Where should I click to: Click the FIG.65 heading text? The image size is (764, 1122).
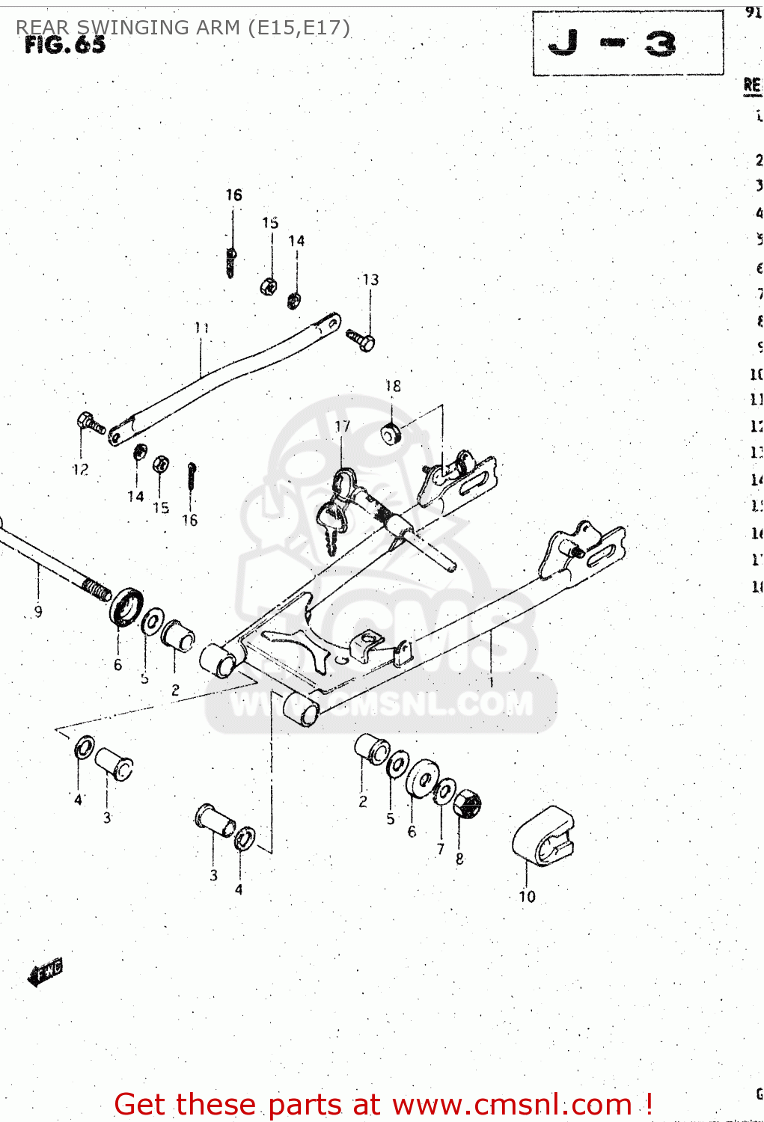(x=65, y=46)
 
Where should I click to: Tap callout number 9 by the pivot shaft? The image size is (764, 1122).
(x=38, y=611)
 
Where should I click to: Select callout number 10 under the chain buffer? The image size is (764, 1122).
(x=527, y=896)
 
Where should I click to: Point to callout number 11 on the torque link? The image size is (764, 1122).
(x=201, y=328)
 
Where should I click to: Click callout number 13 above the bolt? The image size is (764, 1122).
(x=370, y=280)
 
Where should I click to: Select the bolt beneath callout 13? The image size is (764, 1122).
(x=361, y=340)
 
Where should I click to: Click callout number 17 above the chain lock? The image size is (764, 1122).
(x=342, y=426)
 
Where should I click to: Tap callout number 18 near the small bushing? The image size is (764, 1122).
(x=393, y=386)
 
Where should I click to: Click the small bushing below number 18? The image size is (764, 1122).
(x=391, y=433)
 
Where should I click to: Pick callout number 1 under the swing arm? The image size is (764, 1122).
(x=491, y=682)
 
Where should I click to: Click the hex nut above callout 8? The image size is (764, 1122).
(x=467, y=804)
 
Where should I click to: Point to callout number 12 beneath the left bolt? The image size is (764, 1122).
(x=80, y=470)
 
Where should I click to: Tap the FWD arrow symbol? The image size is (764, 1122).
(x=46, y=972)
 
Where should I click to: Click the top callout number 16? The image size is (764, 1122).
(x=233, y=195)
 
